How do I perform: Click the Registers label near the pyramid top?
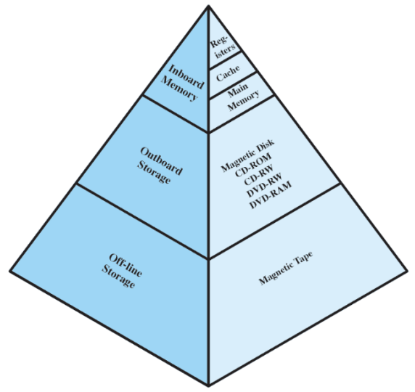[223, 48]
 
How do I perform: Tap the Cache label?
[228, 73]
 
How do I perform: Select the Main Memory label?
[242, 97]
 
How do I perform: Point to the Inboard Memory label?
[182, 82]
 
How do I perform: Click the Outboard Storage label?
[160, 165]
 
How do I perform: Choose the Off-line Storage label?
[122, 271]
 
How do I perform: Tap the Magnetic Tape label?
[286, 268]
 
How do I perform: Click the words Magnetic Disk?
[247, 155]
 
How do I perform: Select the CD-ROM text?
[253, 165]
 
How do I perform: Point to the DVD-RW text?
[264, 185]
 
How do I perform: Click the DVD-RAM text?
[271, 195]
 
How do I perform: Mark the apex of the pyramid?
[208, 5]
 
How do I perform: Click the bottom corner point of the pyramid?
[208, 385]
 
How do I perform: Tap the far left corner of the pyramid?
[10, 271]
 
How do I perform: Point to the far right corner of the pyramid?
[407, 271]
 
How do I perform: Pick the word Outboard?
[162, 160]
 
